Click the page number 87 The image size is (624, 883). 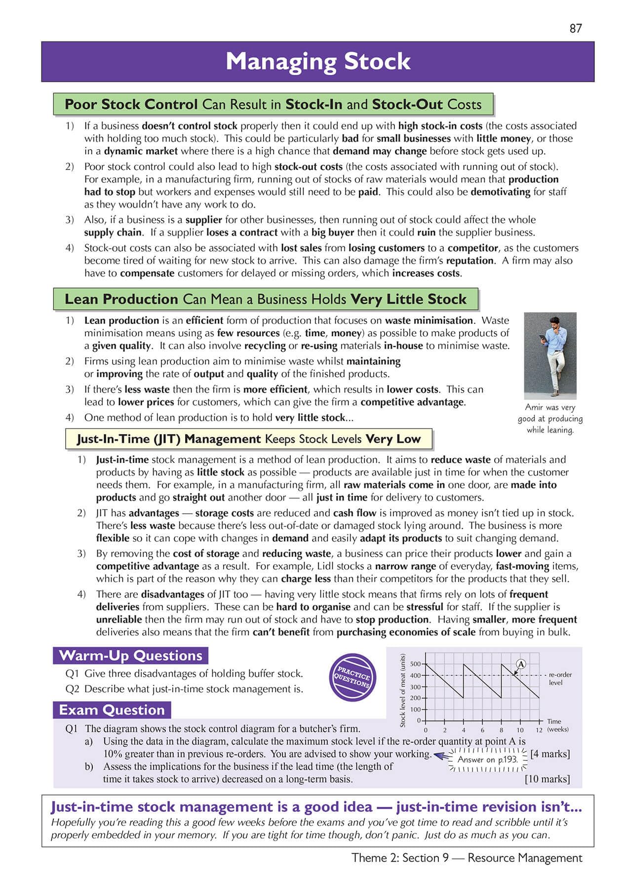pos(576,29)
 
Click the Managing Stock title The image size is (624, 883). pos(318,62)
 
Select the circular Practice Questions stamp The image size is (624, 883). pos(352,677)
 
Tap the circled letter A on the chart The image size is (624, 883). pos(521,664)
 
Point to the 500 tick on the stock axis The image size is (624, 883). pos(416,664)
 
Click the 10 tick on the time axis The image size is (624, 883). pos(520,730)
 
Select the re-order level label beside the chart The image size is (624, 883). pos(560,679)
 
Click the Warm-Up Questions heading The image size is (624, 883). pos(130,656)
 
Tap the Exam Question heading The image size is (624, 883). pos(112,710)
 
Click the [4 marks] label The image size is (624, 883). pos(549,754)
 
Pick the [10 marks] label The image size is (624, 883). pos(547,779)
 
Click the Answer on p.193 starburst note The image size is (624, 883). pos(487,760)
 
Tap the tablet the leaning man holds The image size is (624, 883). pos(543,339)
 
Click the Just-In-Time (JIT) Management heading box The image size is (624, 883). pos(248,439)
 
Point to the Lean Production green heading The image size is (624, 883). pos(265,299)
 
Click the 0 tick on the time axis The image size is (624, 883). pos(426,730)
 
